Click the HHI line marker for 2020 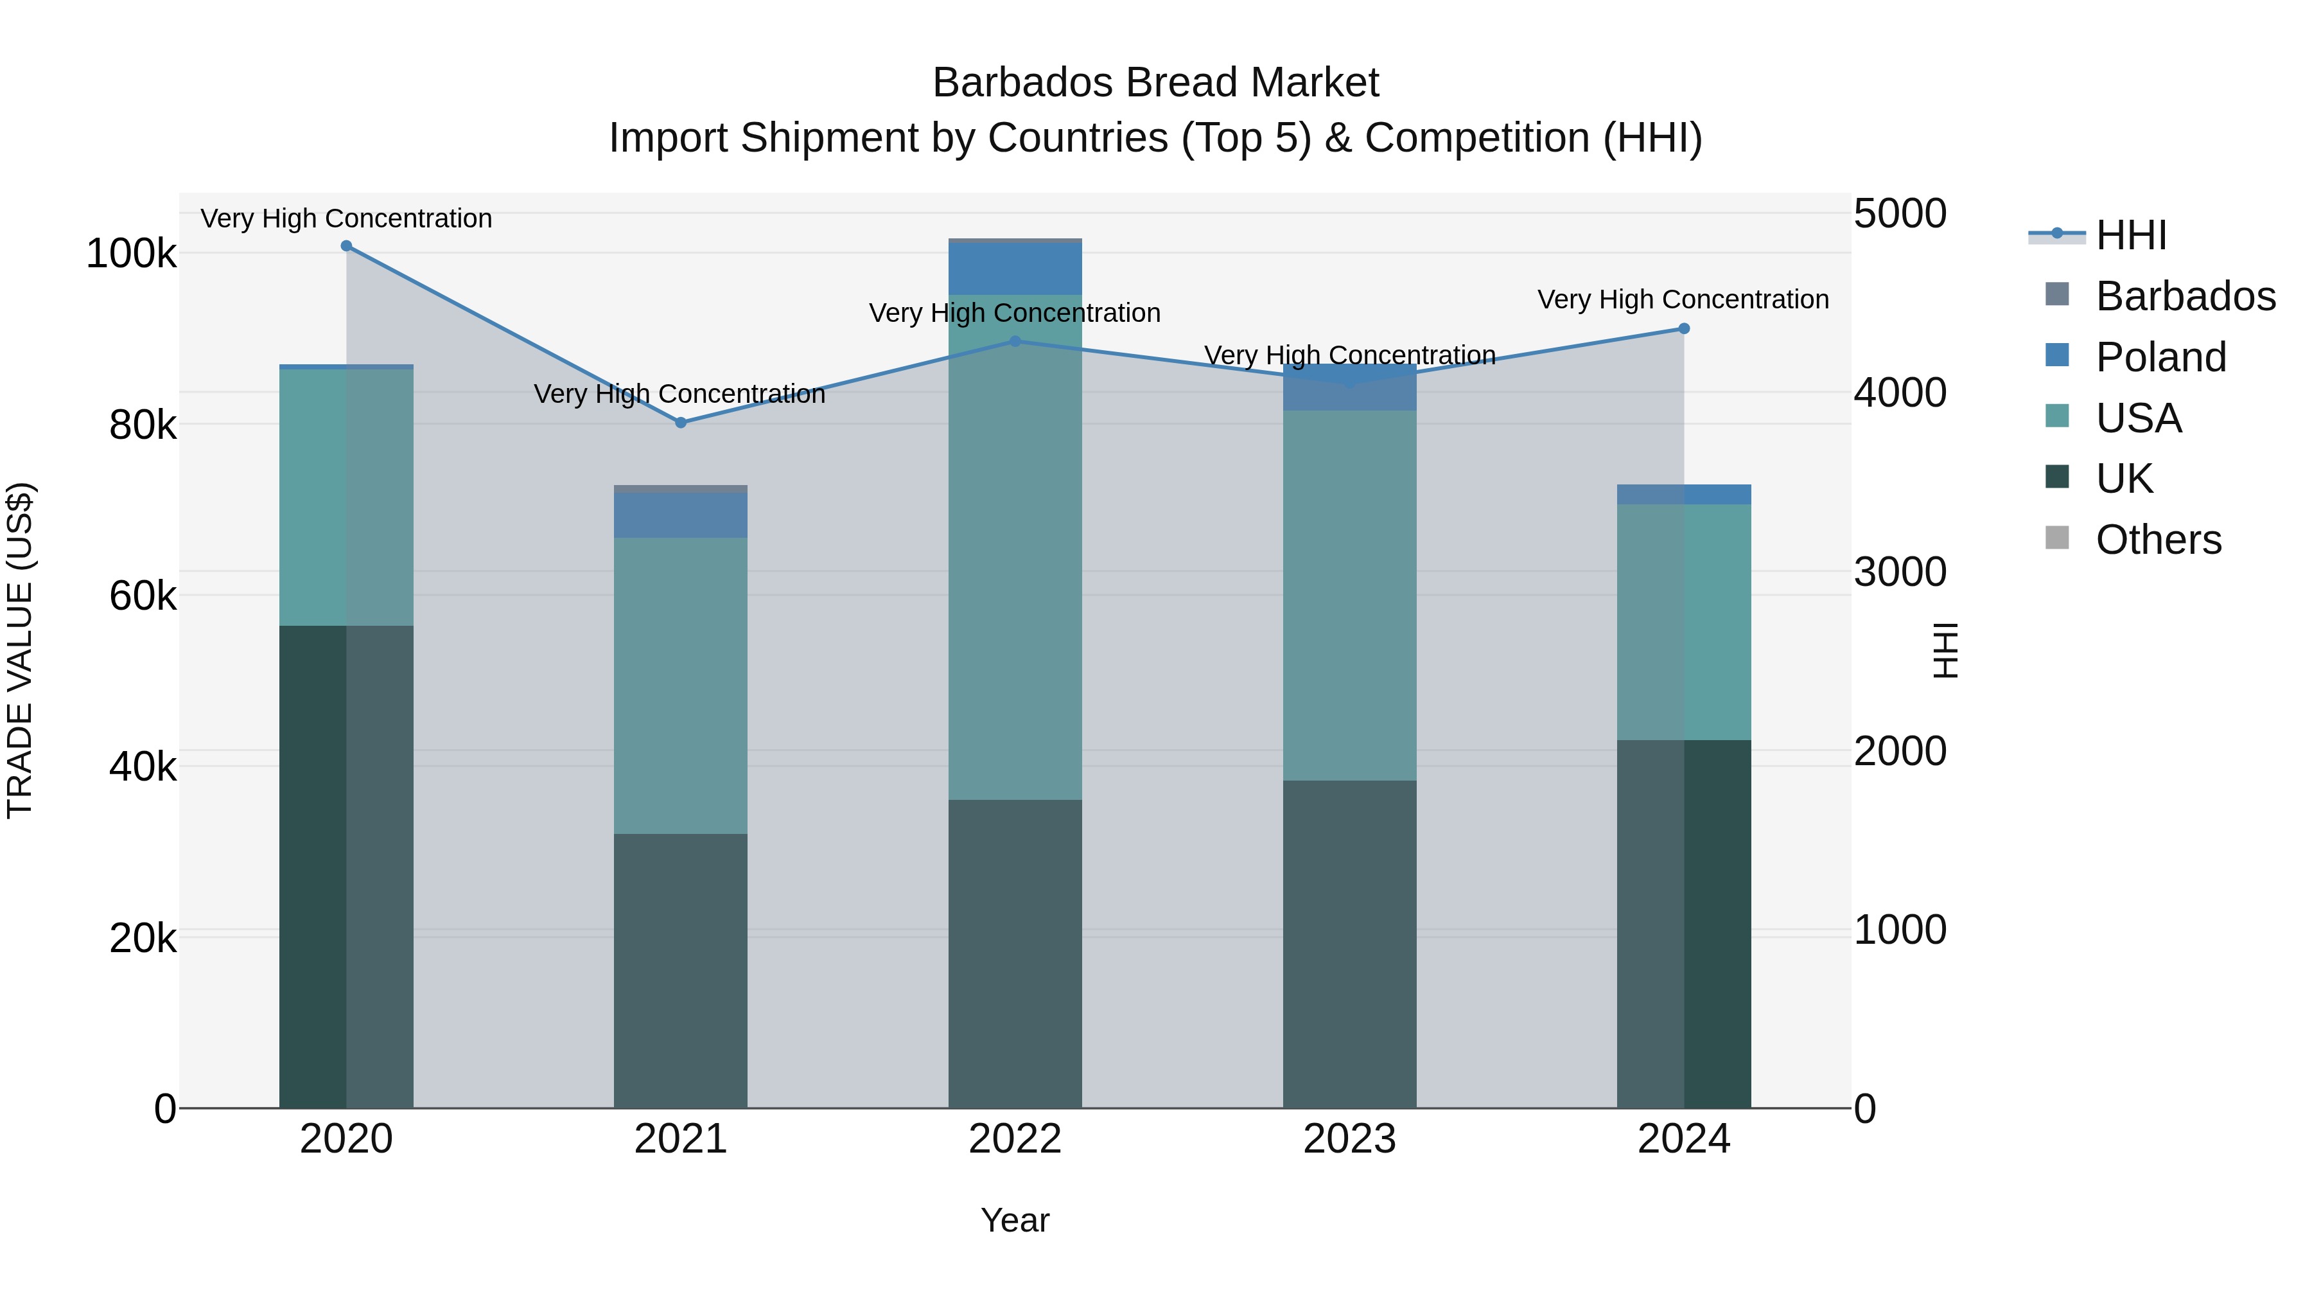pos(346,246)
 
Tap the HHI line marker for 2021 pos(680,423)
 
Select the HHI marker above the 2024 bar pos(1684,328)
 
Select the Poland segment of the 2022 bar pos(1015,269)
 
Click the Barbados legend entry pos(2185,296)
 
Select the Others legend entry pos(2158,540)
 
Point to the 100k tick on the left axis pos(131,254)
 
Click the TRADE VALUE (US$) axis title pos(20,650)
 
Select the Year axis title pos(1015,1220)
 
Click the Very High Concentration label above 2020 pos(346,218)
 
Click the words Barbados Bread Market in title pos(1155,83)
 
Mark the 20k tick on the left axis pos(143,938)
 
